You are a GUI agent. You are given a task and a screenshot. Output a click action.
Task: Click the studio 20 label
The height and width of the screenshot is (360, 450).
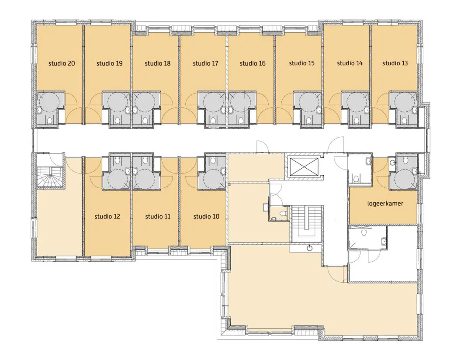pos(62,63)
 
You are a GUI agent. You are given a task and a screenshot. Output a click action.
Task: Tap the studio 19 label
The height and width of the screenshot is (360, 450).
pos(109,63)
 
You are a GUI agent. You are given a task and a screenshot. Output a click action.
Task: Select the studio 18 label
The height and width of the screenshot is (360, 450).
pos(158,63)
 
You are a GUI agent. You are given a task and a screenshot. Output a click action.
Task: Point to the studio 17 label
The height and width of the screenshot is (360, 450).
pos(205,63)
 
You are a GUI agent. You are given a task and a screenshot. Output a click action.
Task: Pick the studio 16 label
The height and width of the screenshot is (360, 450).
pos(253,63)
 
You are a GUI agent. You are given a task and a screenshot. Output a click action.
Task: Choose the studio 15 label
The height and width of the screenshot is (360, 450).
pos(301,63)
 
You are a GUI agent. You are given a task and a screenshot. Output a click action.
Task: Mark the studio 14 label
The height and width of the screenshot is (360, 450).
pos(350,63)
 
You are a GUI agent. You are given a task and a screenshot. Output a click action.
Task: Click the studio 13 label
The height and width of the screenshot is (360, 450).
pos(395,63)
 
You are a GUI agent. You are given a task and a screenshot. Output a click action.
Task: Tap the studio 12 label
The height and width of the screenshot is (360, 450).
pos(107,216)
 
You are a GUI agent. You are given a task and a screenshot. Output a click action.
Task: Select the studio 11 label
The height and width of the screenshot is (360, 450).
pos(158,216)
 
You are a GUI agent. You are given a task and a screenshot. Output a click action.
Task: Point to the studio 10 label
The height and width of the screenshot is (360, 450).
pos(206,216)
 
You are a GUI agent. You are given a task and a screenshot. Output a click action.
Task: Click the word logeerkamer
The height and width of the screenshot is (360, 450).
pos(385,204)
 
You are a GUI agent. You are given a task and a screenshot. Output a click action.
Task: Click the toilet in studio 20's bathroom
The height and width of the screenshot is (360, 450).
pos(50,120)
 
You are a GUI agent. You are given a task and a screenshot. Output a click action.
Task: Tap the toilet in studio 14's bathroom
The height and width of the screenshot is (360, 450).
pos(356,120)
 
